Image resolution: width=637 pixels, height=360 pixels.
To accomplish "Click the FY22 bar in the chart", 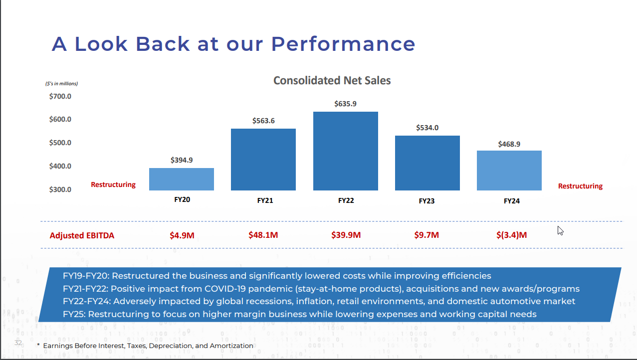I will (x=345, y=151).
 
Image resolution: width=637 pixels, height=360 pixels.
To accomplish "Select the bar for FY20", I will (x=182, y=179).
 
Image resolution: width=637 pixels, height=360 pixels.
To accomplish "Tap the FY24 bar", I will (x=509, y=171).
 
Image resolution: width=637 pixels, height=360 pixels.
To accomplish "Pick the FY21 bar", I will (x=263, y=160).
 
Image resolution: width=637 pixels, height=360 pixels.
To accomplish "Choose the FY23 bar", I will (x=427, y=163).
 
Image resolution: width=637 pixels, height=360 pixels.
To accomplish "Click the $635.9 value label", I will (x=345, y=104).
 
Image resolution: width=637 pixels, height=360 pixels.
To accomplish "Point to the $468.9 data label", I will (x=509, y=144).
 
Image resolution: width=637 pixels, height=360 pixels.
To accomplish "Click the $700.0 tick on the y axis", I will (x=60, y=96).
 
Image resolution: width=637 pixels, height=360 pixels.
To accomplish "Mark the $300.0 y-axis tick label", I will (x=60, y=189).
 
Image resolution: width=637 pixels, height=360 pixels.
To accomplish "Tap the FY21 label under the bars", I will (x=265, y=201).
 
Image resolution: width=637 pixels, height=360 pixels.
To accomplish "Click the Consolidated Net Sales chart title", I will (x=332, y=80).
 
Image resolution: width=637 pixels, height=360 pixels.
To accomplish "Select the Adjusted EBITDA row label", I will (x=82, y=235).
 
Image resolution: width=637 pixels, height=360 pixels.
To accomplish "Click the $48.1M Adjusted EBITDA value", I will (x=263, y=235).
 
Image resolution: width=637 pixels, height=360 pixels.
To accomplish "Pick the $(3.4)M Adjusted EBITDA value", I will (x=511, y=235).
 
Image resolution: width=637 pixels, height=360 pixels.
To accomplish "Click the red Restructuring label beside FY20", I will (x=113, y=184).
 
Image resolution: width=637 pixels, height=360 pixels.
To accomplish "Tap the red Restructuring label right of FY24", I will (x=580, y=186).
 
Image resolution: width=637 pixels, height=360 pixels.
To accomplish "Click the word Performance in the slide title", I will (x=343, y=44).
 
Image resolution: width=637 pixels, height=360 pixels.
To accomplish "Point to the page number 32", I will (x=18, y=343).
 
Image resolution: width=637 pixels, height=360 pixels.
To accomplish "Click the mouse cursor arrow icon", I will (x=560, y=230).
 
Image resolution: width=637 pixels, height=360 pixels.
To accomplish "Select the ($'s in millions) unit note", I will (x=62, y=83).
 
